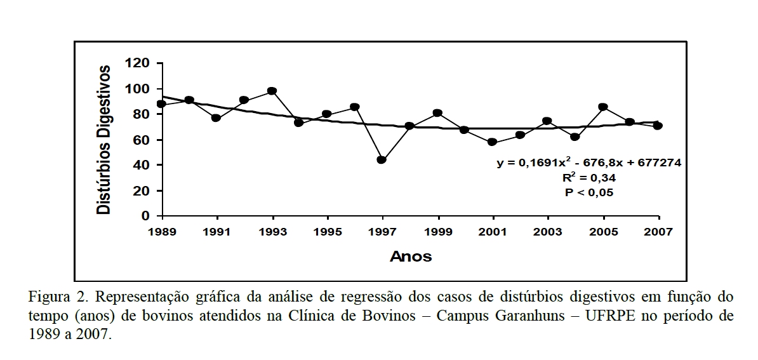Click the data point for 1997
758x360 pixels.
point(382,159)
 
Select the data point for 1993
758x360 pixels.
point(272,91)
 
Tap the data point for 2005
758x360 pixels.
point(602,107)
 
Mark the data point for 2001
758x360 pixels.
point(492,142)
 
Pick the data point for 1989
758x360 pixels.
point(161,103)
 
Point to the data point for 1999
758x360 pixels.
point(437,113)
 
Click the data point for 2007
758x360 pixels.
point(658,126)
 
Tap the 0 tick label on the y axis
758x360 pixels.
point(145,216)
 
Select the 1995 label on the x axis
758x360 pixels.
point(326,232)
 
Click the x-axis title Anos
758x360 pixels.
point(410,257)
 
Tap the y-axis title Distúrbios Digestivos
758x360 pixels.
point(103,140)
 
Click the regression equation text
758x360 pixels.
point(588,163)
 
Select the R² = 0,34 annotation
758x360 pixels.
point(588,178)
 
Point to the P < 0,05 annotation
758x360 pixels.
point(588,192)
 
